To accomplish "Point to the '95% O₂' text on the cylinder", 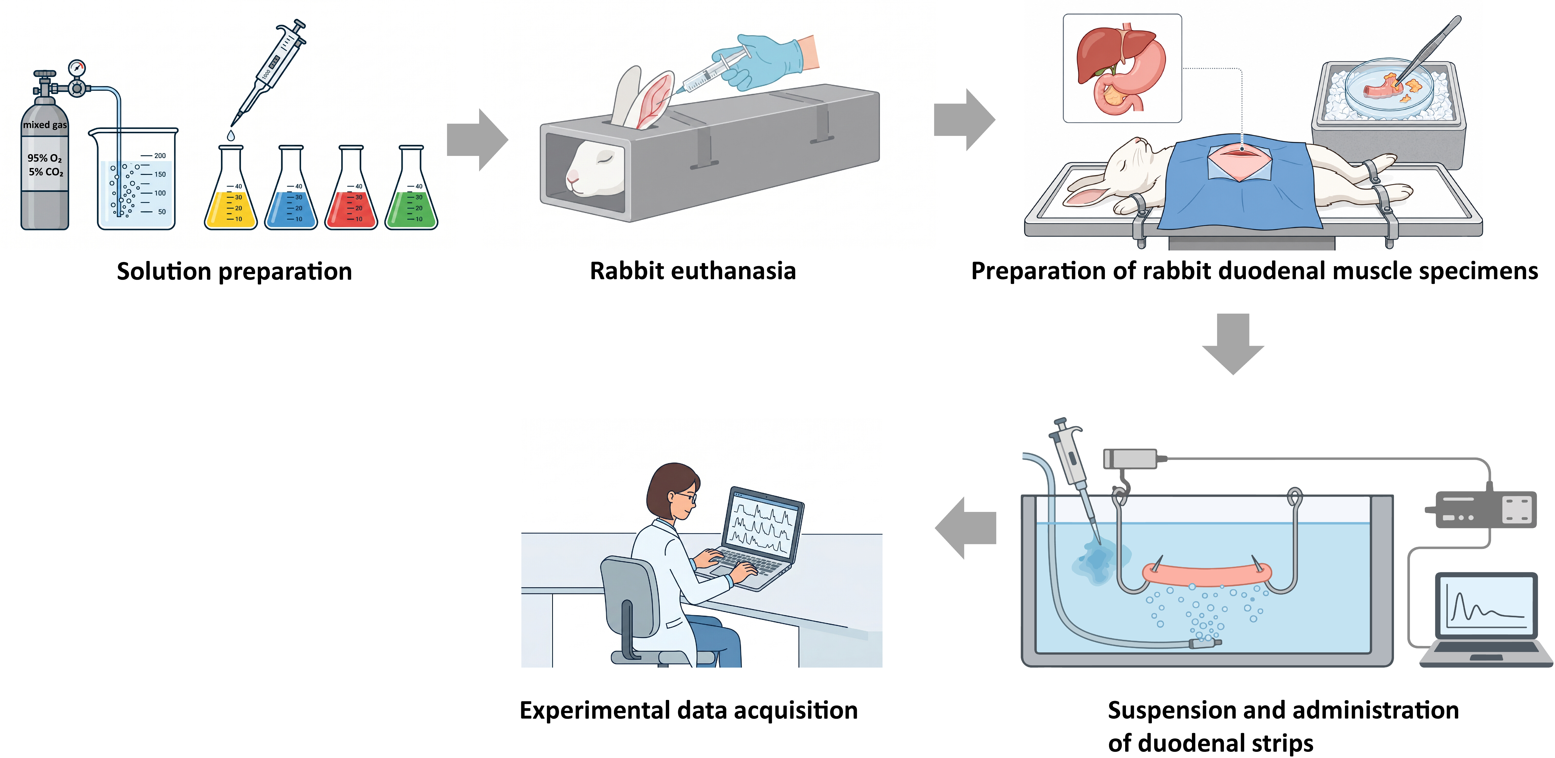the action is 45,158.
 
